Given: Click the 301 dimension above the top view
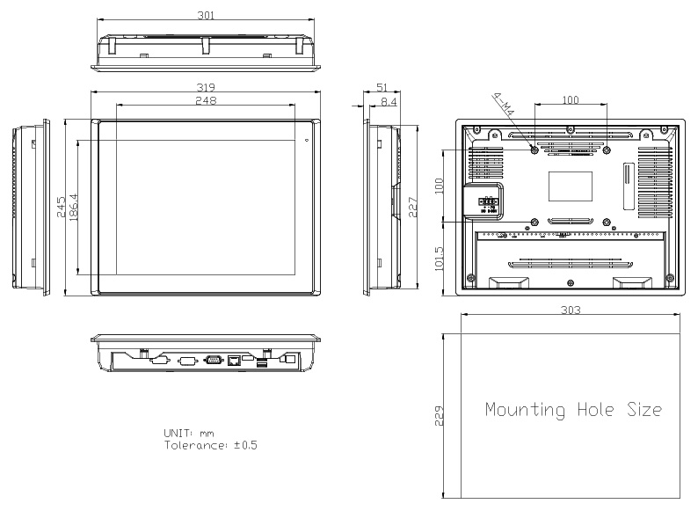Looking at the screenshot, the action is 206,15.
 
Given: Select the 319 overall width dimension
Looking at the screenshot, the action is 206,87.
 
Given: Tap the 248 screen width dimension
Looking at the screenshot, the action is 206,100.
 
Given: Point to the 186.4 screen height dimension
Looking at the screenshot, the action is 74,208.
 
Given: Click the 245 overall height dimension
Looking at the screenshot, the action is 61,208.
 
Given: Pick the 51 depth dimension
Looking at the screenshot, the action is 382,87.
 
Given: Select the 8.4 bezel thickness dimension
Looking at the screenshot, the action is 389,101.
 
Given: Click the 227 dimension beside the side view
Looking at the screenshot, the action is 412,208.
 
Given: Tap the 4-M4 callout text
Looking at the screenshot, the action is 504,105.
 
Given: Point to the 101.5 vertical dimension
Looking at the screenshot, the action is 439,259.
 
